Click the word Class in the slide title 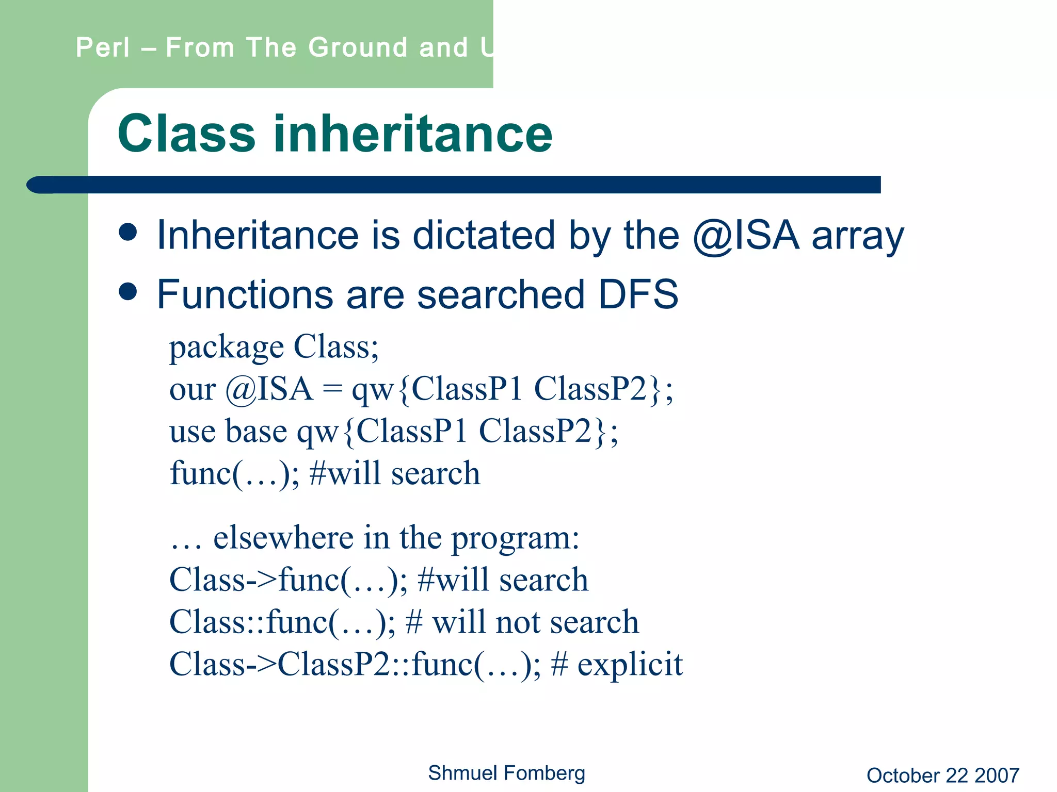point(187,134)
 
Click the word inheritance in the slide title point(413,134)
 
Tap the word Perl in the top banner point(103,48)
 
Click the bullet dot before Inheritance point(127,232)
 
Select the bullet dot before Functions point(127,292)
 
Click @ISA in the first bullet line point(746,236)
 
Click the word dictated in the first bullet point(484,236)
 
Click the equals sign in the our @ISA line point(332,389)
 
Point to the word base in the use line point(256,432)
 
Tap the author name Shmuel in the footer point(462,773)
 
